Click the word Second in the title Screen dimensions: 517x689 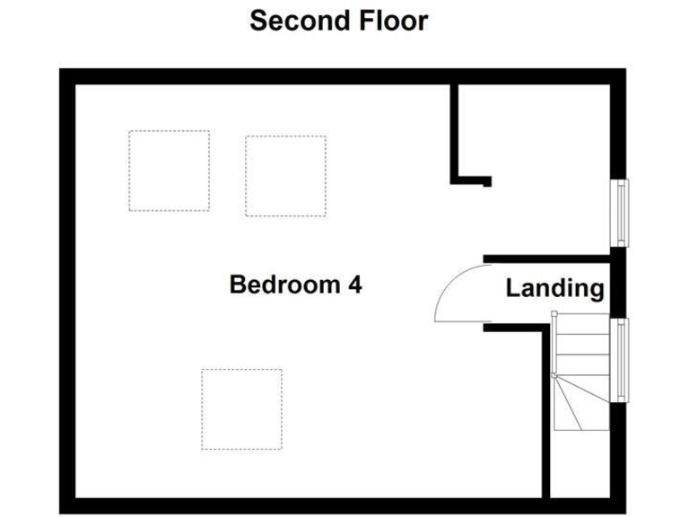pos(292,21)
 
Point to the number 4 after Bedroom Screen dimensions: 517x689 pos(354,285)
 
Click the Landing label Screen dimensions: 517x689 pos(554,288)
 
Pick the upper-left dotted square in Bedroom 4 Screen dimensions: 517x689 pos(169,171)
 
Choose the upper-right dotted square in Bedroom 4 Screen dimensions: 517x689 pos(285,176)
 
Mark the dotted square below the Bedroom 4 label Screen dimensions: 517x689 pos(241,408)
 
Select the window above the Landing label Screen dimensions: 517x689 pos(620,212)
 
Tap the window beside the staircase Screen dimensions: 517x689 pos(620,359)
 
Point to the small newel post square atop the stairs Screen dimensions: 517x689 pos(554,313)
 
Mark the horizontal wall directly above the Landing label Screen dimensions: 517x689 pos(547,258)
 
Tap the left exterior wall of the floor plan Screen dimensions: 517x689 pos(67,287)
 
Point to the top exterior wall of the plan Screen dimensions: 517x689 pos(341,76)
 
